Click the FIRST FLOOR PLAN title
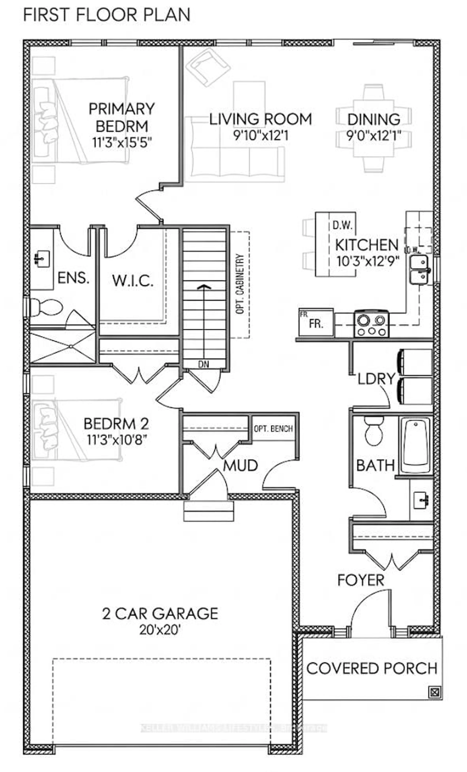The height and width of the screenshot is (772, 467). pyautogui.click(x=107, y=15)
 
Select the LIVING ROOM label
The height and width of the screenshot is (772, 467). pyautogui.click(x=260, y=119)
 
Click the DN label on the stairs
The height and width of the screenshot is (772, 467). pyautogui.click(x=204, y=364)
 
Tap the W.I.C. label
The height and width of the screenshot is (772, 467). pyautogui.click(x=133, y=281)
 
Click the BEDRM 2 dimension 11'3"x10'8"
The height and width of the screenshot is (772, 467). pyautogui.click(x=117, y=440)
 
